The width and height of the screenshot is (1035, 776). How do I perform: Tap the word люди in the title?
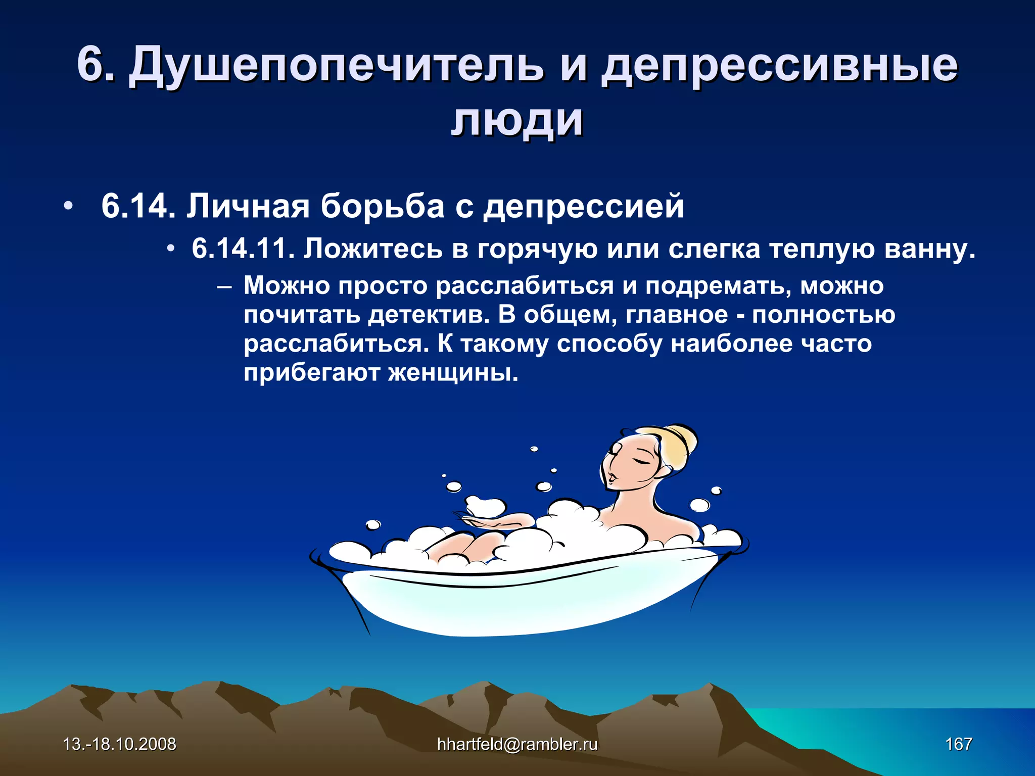pos(516,121)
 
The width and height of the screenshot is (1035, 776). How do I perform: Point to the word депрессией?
pos(583,207)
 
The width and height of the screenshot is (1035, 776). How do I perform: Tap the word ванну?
pos(929,249)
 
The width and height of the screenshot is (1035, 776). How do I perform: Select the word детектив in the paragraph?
pos(429,315)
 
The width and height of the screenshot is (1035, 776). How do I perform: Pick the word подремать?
pos(718,286)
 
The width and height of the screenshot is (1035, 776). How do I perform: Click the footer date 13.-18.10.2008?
pos(119,744)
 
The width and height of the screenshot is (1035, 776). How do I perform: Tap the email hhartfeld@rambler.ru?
pos(517,744)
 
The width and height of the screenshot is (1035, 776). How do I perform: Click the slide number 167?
pos(958,744)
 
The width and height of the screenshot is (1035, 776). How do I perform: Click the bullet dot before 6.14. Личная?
pos(68,207)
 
